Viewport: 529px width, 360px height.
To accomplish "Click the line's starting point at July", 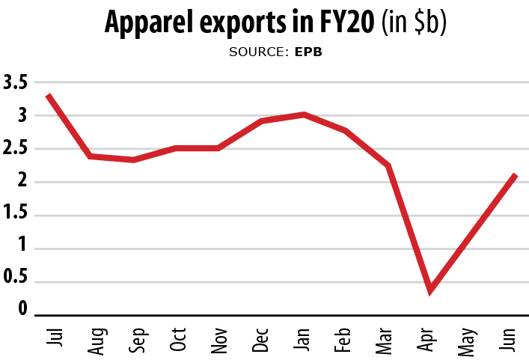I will point(48,96).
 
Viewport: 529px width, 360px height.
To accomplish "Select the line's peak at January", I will point(304,115).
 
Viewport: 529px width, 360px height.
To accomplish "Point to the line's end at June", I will point(515,175).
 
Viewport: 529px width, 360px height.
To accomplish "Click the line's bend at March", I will point(388,165).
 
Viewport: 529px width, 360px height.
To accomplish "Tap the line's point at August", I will point(91,156).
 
